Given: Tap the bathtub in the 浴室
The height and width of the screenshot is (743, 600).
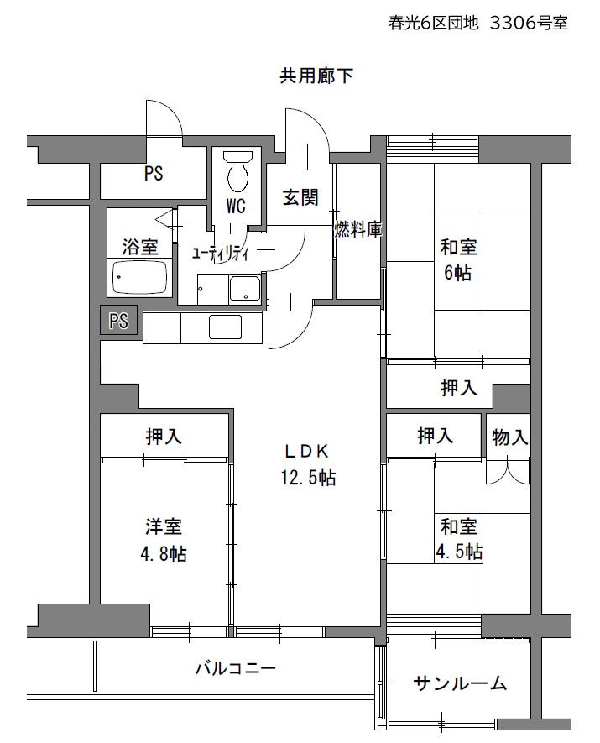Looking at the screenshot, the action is click(x=139, y=277).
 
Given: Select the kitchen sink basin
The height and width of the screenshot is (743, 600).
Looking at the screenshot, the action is click(x=225, y=327).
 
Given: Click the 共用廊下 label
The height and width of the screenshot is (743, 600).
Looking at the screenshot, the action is click(x=316, y=76).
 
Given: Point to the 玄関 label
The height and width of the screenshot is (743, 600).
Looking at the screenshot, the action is click(x=300, y=197).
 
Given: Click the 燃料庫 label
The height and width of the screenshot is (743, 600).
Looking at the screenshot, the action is click(x=358, y=229).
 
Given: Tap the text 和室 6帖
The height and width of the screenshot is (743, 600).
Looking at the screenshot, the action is click(x=458, y=259).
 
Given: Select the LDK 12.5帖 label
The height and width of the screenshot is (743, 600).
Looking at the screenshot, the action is click(x=308, y=465).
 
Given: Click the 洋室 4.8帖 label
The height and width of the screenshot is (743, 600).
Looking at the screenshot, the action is click(x=164, y=540).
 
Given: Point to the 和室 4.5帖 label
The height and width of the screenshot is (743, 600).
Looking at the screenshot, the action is click(x=459, y=539).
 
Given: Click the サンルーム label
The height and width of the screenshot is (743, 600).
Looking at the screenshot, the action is click(x=460, y=683).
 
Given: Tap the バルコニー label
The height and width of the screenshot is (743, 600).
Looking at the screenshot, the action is click(x=236, y=668).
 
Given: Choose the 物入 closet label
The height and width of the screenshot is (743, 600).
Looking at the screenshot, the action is click(x=509, y=437).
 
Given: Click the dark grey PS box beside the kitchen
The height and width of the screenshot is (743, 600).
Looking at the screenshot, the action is click(x=118, y=321).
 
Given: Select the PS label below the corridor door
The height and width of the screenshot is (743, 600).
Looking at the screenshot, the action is click(x=154, y=174).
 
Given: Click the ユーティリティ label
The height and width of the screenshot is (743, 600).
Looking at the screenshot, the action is click(x=220, y=254).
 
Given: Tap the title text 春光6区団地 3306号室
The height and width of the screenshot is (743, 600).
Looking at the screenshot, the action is click(x=478, y=23).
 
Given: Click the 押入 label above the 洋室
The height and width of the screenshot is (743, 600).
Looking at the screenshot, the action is click(x=164, y=437).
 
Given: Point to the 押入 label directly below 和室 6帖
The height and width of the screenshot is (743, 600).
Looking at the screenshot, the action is click(x=458, y=388).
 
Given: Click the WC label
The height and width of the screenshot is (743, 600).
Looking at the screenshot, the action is click(x=236, y=207).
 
